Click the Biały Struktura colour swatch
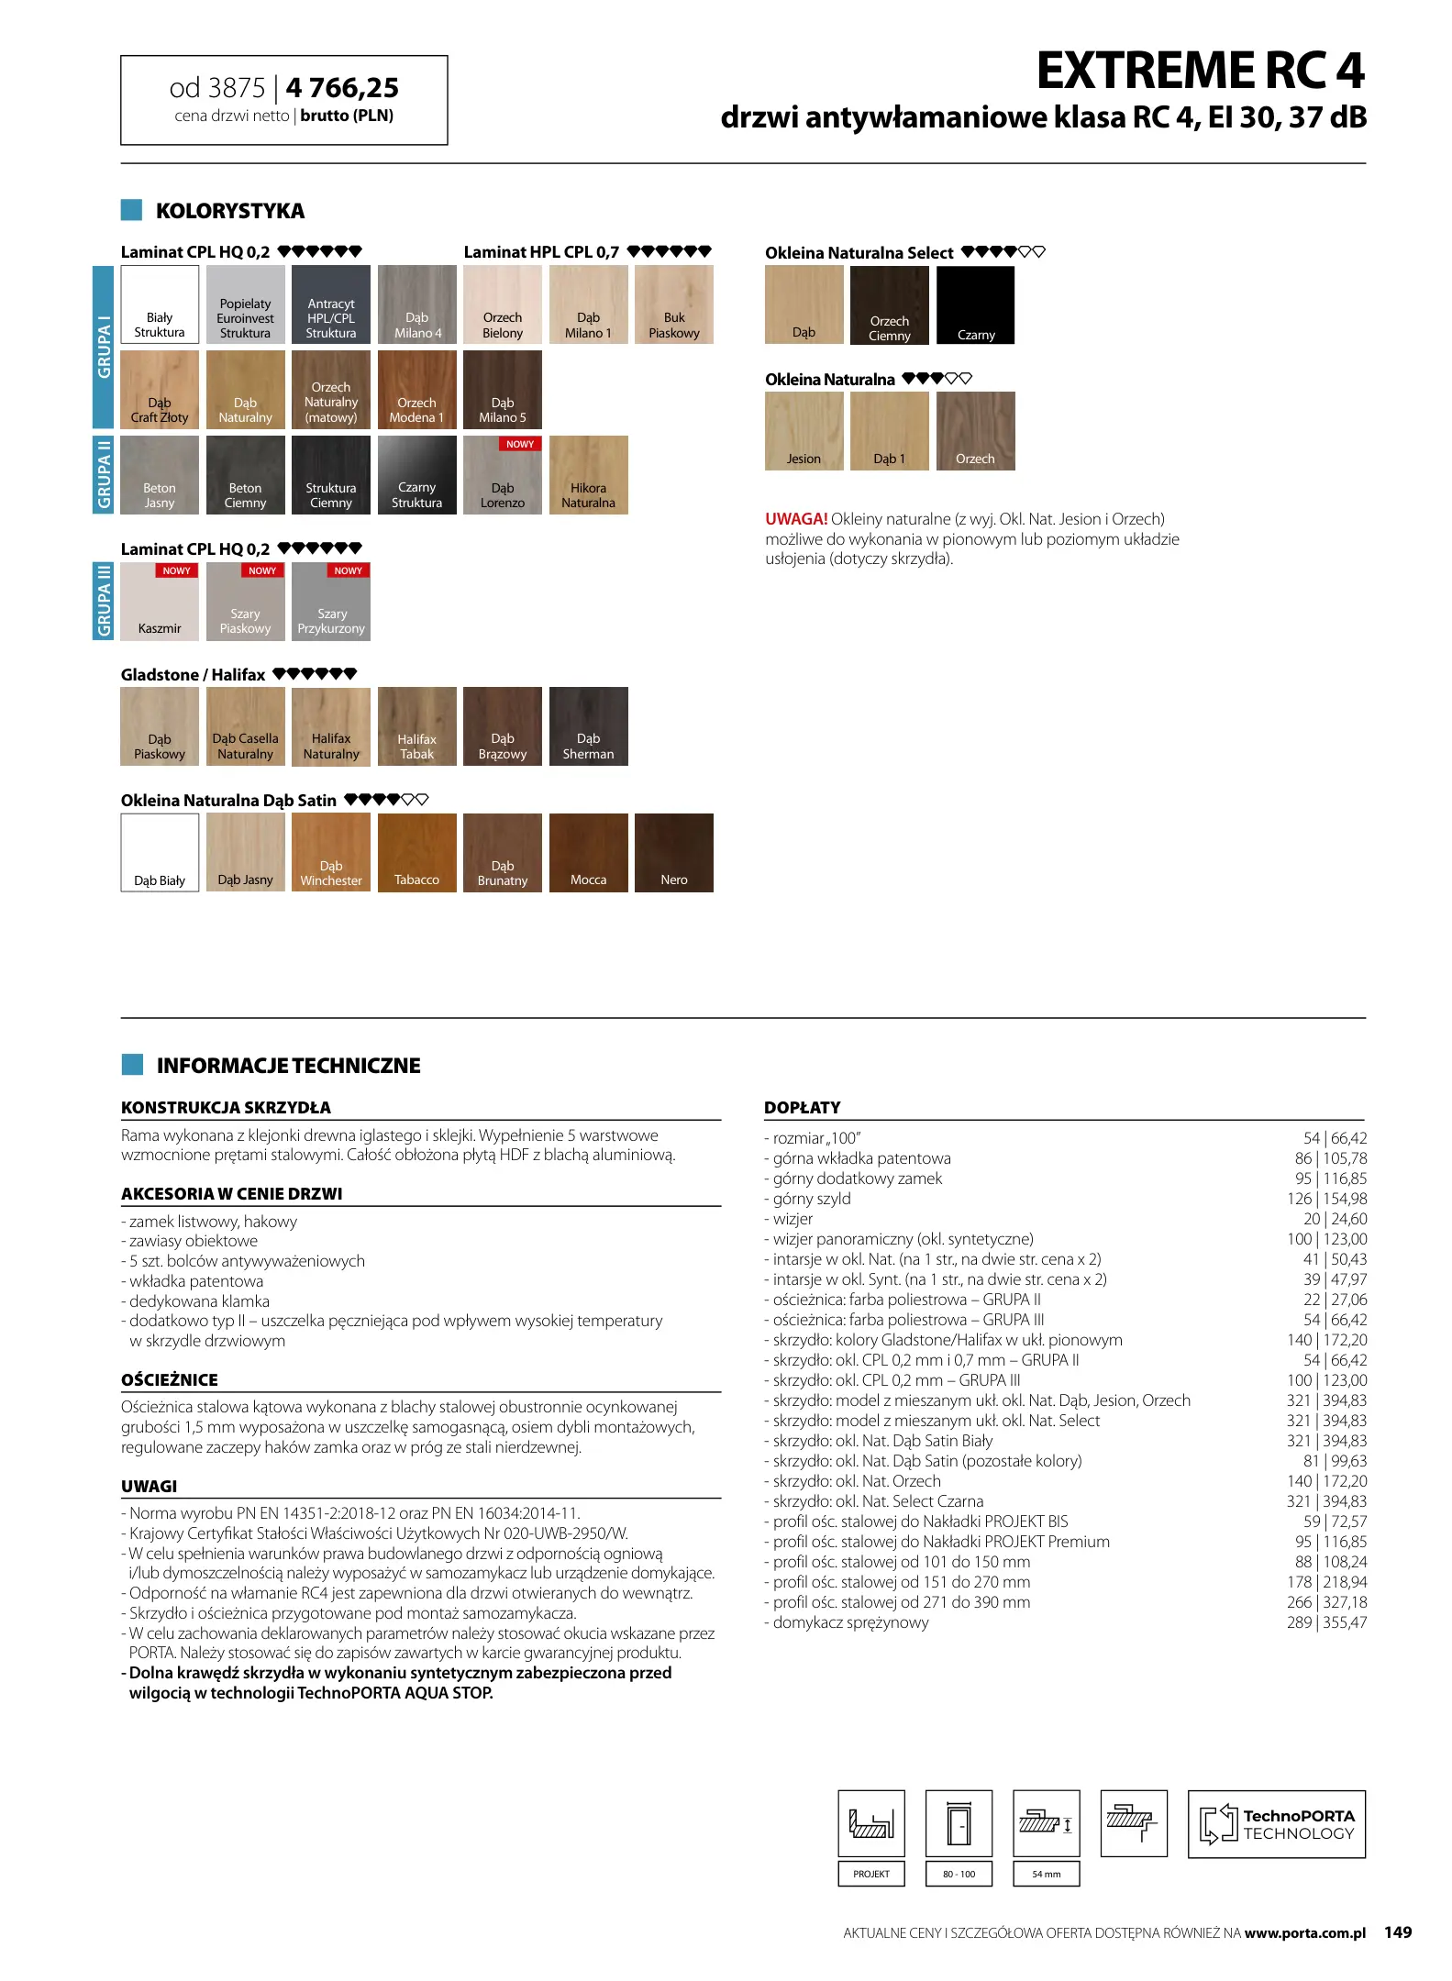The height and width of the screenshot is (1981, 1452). point(160,304)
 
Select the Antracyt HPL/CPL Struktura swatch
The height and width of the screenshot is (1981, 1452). point(331,304)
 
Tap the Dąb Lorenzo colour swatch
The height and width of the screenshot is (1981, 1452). point(503,475)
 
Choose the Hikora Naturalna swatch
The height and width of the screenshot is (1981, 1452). point(588,475)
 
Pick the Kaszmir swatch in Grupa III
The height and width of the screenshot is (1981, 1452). point(160,602)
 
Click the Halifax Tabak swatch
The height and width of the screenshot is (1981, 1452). point(416,726)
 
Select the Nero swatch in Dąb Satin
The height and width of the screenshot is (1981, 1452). point(673,853)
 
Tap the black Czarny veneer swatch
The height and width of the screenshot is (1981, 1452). point(975,305)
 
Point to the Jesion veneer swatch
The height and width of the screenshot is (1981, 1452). point(804,431)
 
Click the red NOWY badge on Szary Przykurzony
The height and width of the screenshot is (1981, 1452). point(348,570)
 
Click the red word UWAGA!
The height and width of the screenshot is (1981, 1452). point(796,519)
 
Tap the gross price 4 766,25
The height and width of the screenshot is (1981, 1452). point(342,88)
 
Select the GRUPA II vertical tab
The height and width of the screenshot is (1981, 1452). point(104,475)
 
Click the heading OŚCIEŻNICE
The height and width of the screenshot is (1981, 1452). point(170,1380)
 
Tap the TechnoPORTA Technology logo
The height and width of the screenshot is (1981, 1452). point(1276,1824)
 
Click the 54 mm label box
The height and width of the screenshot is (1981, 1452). point(1046,1874)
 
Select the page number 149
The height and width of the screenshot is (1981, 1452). point(1398,1932)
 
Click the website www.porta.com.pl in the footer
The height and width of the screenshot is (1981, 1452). point(1304,1933)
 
